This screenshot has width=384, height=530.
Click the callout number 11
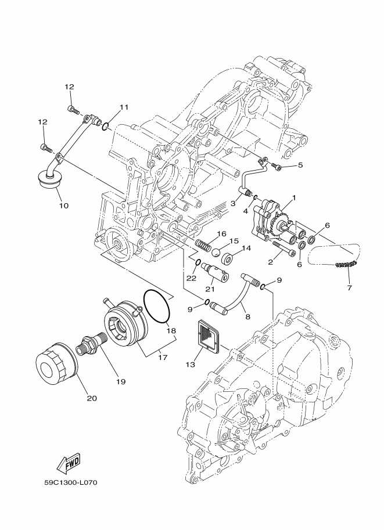pos(123,107)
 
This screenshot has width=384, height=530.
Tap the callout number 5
pos(300,165)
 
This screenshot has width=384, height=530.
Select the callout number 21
pos(210,289)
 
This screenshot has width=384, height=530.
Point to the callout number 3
pos(232,204)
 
